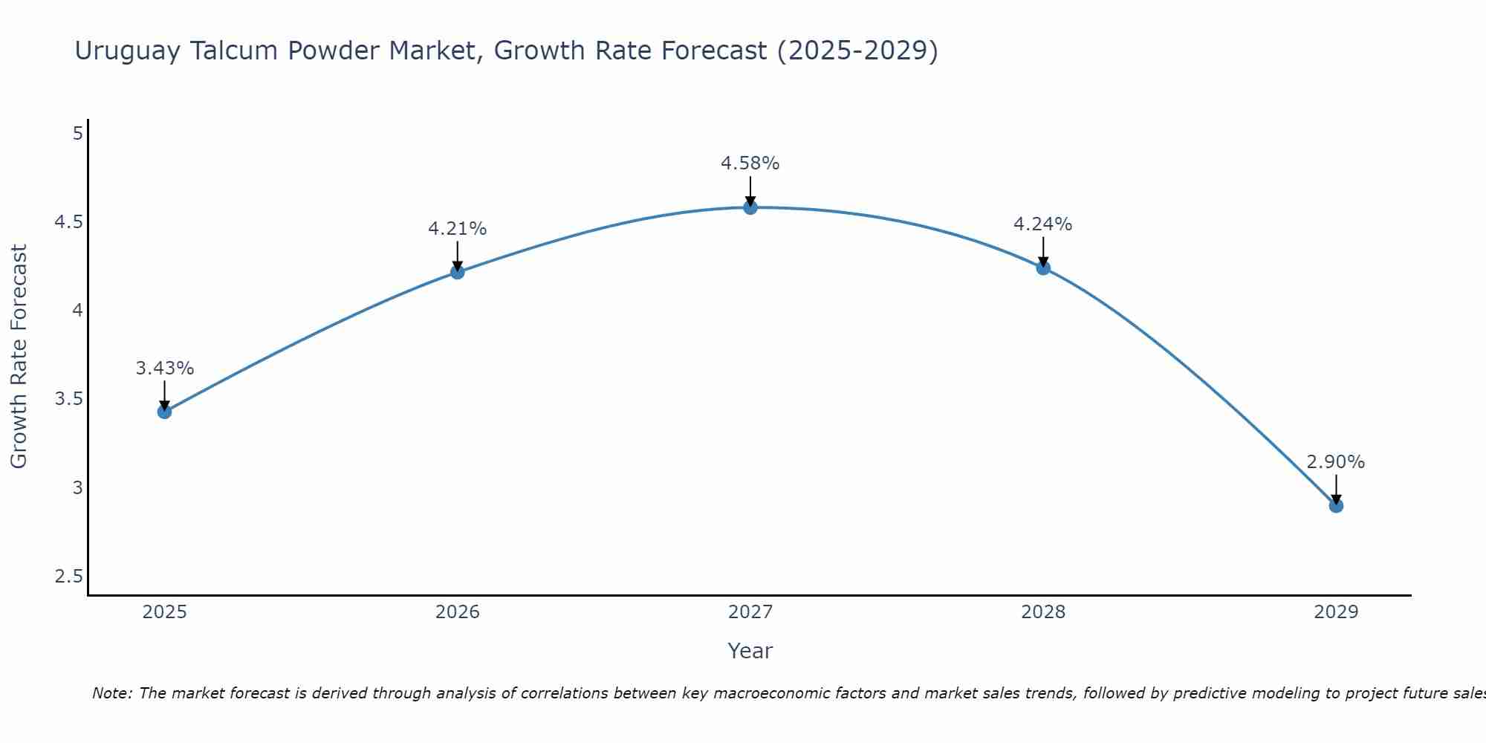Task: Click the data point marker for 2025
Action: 164,412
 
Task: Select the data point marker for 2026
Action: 457,273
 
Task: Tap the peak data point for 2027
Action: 750,207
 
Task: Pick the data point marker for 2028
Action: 1043,268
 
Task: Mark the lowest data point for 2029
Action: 1336,506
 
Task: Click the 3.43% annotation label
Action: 165,369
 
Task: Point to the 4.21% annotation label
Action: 457,229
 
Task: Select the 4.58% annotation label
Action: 750,163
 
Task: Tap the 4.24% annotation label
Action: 1043,224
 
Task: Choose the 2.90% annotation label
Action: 1336,462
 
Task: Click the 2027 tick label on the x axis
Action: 750,612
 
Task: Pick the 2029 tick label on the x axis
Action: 1336,612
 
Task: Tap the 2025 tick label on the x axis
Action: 164,612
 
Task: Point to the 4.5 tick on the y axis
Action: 68,222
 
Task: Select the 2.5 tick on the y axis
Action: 68,577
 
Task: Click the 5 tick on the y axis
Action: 77,134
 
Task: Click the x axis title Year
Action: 750,651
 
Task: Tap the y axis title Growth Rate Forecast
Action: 19,357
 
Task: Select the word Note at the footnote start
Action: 111,693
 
